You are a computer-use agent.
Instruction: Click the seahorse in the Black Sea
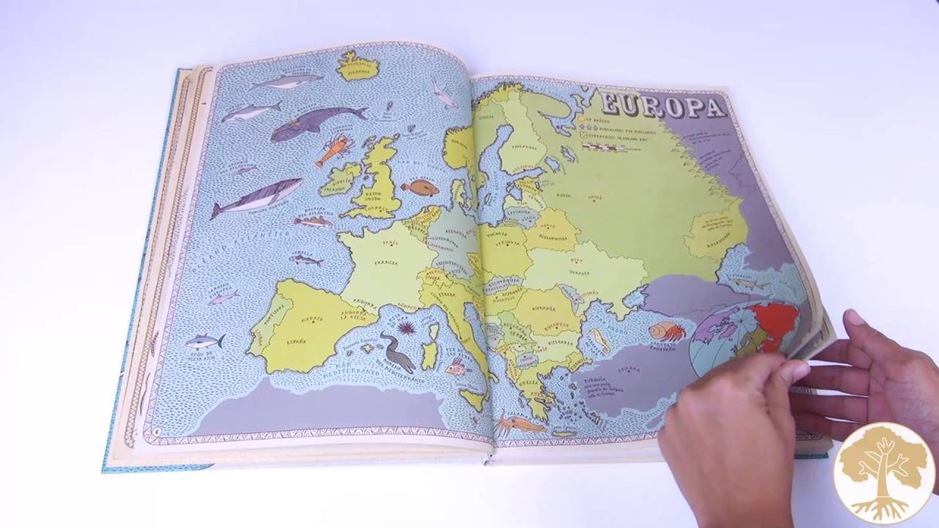pyautogui.click(x=600, y=340)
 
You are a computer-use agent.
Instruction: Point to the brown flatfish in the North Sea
pyautogui.click(x=420, y=188)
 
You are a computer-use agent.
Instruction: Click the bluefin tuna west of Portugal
pyautogui.click(x=205, y=341)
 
